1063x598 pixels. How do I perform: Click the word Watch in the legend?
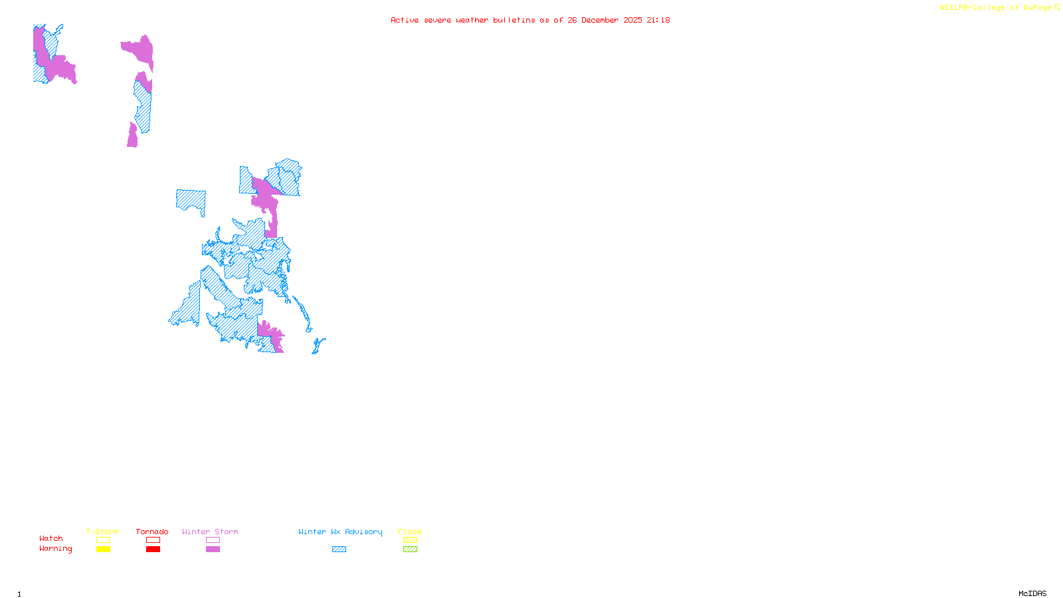[51, 539]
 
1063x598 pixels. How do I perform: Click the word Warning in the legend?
[56, 549]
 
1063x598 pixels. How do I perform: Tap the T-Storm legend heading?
[102, 532]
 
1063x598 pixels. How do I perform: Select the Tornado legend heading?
[152, 532]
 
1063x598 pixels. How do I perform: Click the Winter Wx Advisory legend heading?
[340, 532]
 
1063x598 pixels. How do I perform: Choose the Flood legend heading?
[410, 532]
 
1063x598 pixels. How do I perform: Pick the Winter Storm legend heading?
[210, 532]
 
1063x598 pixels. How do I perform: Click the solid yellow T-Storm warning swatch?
[103, 549]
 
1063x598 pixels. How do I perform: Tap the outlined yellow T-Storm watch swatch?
[103, 540]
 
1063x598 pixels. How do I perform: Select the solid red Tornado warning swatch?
[153, 549]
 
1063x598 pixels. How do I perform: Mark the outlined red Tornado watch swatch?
[153, 540]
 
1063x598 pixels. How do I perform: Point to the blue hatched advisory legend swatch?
[339, 549]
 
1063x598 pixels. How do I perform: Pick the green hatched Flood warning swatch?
[411, 549]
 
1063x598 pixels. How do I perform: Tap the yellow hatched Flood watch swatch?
[411, 540]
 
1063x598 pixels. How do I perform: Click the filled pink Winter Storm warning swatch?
[213, 549]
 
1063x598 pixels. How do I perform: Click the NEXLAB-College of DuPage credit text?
[996, 8]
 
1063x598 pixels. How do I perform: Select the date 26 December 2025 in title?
[605, 20]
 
